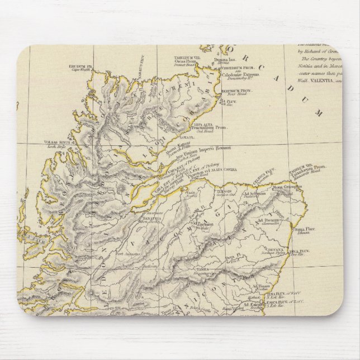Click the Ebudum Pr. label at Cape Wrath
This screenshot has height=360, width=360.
click(80, 67)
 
